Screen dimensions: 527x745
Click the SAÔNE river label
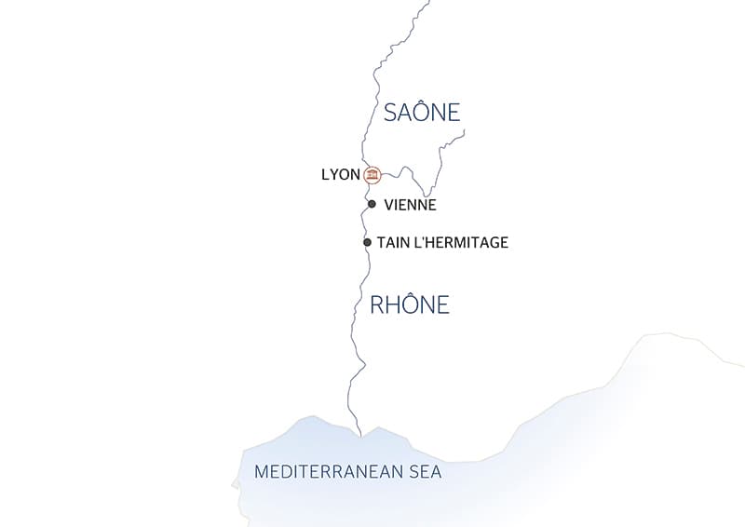click(x=422, y=113)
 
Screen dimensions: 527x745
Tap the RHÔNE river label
click(x=410, y=304)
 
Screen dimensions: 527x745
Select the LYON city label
click(x=340, y=174)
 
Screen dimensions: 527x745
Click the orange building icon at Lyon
click(x=372, y=174)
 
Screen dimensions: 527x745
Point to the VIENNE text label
click(x=410, y=205)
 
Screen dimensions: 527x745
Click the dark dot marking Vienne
click(x=372, y=204)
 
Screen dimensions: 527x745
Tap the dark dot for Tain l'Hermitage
click(x=368, y=242)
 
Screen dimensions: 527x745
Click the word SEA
click(x=425, y=472)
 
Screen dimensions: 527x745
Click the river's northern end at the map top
click(x=428, y=2)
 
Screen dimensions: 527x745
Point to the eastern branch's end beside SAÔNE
click(x=465, y=131)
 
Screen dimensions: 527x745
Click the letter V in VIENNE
click(x=388, y=205)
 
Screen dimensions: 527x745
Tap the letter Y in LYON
click(x=333, y=174)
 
